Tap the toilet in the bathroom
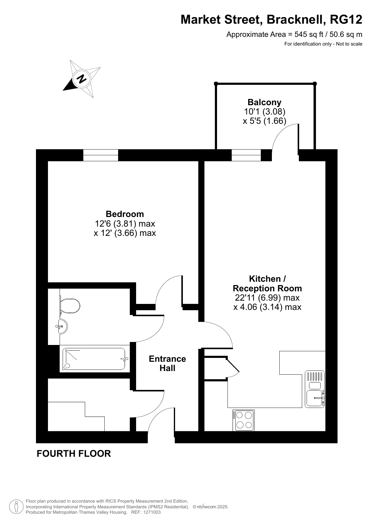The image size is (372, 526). point(70,305)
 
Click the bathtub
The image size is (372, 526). point(94,359)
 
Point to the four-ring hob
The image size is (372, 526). point(243,420)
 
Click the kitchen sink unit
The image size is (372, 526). point(315,389)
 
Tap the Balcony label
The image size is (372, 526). point(264,102)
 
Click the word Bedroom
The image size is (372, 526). point(125,214)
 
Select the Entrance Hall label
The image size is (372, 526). point(167,363)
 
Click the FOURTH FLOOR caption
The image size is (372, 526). point(74,453)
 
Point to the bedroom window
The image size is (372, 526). point(100,155)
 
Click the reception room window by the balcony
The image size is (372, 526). point(246,155)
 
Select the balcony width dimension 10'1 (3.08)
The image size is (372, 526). point(264,111)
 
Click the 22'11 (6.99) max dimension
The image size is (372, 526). point(267,298)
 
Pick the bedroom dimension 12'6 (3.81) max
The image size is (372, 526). point(125,224)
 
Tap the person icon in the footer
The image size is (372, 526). point(16,507)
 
